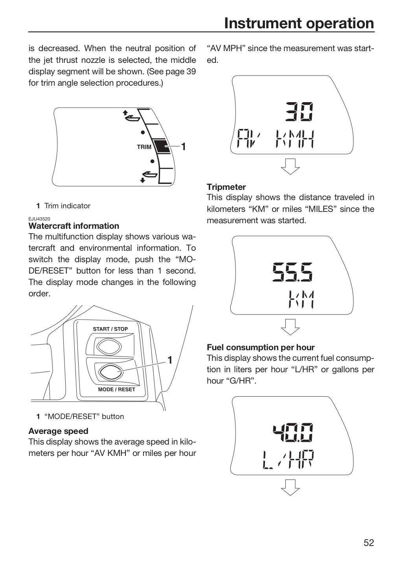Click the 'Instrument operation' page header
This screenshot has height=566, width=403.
(299, 24)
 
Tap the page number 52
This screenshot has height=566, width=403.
(369, 542)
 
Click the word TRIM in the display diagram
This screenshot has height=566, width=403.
(144, 147)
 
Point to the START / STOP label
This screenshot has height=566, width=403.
(110, 329)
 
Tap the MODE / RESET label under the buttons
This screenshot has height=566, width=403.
(116, 390)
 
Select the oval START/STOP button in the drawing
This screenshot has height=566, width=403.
(109, 347)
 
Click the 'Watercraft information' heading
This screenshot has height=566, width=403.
(74, 226)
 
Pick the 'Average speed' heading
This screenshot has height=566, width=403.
(59, 431)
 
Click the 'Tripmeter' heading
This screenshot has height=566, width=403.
(226, 187)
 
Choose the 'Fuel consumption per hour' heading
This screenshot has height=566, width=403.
(261, 347)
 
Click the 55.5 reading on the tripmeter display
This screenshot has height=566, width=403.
(293, 272)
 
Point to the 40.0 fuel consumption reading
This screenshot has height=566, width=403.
(293, 432)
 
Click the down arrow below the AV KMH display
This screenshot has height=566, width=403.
(290, 167)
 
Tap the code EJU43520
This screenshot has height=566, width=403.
(39, 219)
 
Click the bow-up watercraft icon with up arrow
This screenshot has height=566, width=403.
(131, 116)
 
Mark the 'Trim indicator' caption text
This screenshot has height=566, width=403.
(67, 206)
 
